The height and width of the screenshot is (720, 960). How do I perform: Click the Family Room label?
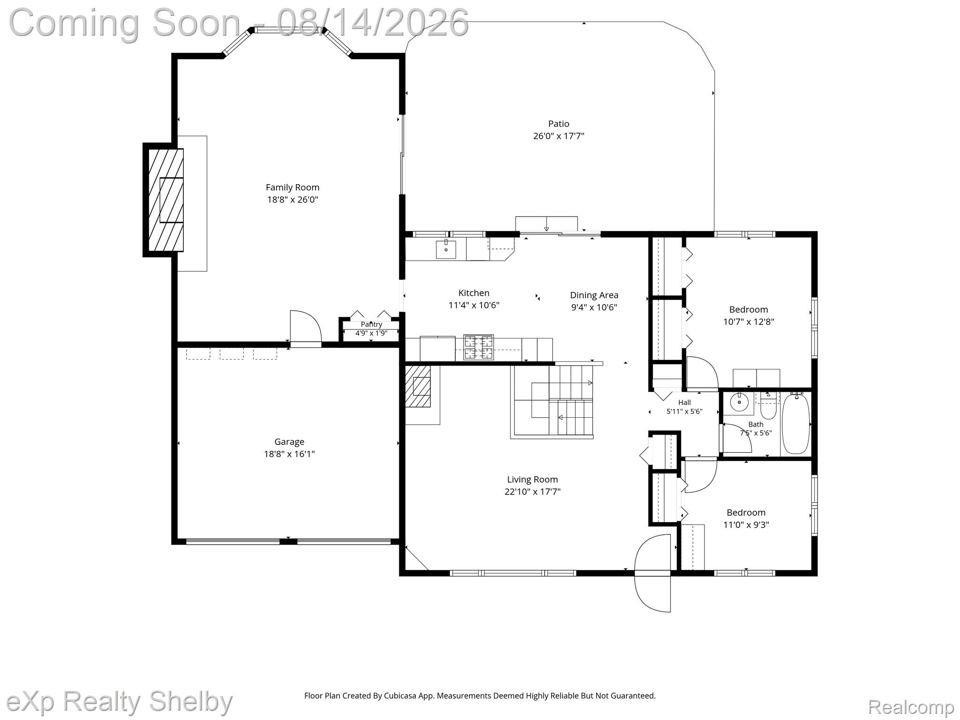click(x=292, y=187)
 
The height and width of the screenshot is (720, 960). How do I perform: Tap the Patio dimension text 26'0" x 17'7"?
click(x=559, y=136)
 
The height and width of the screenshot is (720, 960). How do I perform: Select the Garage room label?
click(x=289, y=442)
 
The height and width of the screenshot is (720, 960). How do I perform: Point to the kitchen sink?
click(x=446, y=249)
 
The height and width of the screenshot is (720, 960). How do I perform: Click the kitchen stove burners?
click(x=479, y=347)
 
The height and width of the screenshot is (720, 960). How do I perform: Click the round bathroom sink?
click(x=739, y=402)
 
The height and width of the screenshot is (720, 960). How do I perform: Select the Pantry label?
click(x=371, y=324)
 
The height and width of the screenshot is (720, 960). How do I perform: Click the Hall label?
click(x=684, y=402)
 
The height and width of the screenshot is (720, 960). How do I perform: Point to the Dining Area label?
click(x=594, y=295)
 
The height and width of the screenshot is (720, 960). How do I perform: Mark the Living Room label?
click(x=532, y=480)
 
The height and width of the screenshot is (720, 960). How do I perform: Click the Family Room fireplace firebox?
click(x=172, y=200)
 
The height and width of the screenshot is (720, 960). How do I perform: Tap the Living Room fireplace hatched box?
click(x=418, y=386)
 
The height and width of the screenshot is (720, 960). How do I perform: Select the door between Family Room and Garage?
click(x=306, y=329)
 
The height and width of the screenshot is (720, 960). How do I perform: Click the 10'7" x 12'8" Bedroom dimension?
click(x=749, y=322)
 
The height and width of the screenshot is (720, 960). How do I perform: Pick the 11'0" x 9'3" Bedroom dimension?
click(x=746, y=525)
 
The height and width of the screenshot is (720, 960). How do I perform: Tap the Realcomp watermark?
click(x=911, y=706)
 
